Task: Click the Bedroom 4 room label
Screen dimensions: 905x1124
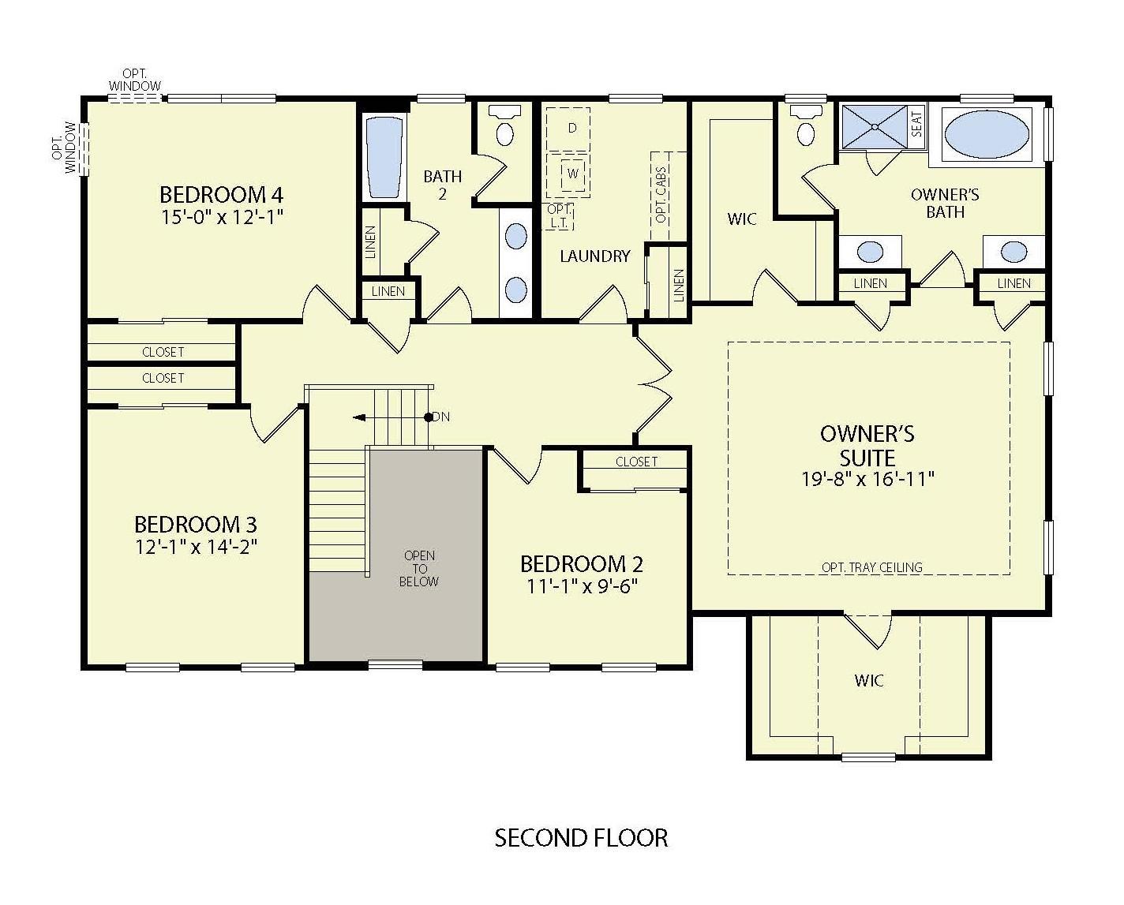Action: (x=221, y=194)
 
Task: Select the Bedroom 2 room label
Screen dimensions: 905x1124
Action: (x=581, y=564)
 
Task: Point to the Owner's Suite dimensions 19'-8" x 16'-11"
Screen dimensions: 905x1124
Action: (x=868, y=479)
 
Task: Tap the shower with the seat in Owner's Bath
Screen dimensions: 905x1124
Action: (x=875, y=125)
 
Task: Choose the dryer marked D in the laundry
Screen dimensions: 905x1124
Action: (x=572, y=128)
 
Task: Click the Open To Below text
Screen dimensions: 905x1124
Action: (x=419, y=568)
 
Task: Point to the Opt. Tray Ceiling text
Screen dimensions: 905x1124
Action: (x=871, y=567)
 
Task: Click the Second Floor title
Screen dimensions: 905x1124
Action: (x=581, y=837)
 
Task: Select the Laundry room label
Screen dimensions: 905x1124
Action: (x=595, y=256)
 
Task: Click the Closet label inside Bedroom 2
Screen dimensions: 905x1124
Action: (x=636, y=462)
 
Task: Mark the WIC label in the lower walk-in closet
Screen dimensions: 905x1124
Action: (x=868, y=680)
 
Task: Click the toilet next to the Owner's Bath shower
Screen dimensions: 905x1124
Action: (x=806, y=128)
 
